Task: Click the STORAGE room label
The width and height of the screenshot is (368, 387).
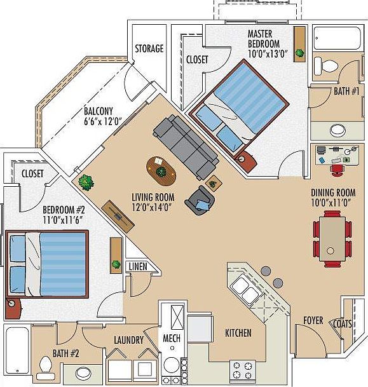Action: tap(149, 48)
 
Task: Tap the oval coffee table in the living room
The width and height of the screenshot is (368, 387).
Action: tap(161, 172)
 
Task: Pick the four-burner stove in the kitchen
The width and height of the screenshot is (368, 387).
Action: tap(243, 370)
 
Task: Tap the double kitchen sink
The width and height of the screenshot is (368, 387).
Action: tap(245, 289)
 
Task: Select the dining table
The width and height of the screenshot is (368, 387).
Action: tap(332, 239)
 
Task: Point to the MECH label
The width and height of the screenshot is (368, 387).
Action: tap(172, 338)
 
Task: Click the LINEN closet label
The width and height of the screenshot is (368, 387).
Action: tap(138, 266)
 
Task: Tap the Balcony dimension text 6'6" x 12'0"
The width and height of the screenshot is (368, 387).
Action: tap(103, 121)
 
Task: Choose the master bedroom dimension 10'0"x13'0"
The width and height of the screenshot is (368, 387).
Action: tap(268, 53)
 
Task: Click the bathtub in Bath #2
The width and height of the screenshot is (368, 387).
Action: tap(17, 351)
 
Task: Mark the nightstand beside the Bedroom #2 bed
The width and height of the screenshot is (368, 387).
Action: tap(13, 308)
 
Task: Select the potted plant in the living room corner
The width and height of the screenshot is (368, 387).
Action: tap(86, 182)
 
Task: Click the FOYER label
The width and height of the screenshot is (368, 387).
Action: tap(313, 321)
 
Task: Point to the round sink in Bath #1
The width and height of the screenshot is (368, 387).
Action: tap(338, 130)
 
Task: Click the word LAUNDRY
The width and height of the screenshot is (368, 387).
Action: tap(128, 340)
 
